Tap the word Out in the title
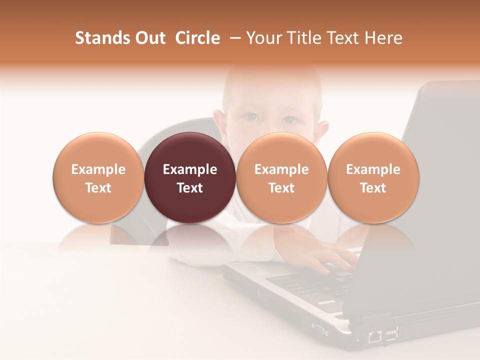149,38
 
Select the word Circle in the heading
197,38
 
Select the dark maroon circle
190,177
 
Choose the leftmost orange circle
98,177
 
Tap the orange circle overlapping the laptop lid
373,177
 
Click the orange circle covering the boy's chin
281,177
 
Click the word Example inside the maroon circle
190,169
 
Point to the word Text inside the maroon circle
190,188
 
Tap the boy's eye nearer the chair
251,117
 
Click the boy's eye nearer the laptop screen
289,120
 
